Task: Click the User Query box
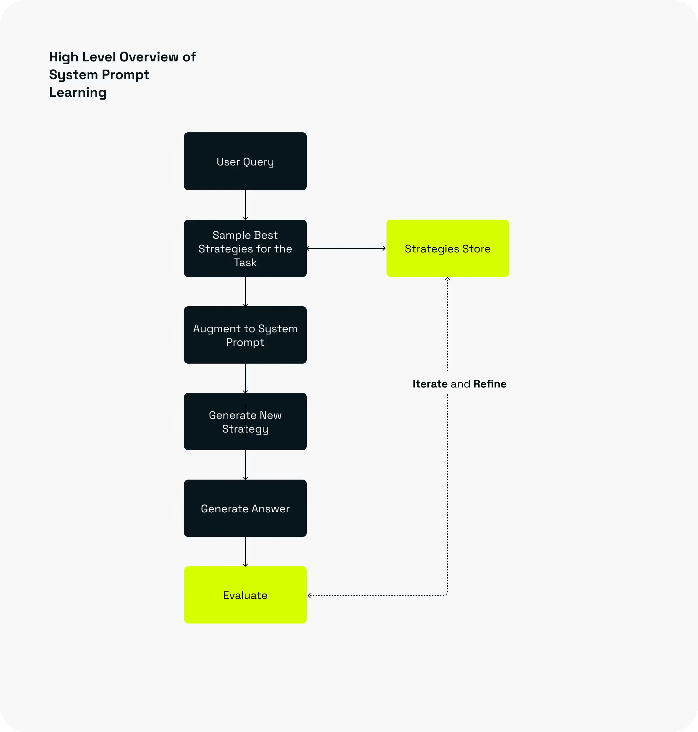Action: click(245, 161)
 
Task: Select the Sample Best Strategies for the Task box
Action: click(245, 248)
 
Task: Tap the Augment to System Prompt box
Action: click(245, 335)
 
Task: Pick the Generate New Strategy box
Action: click(245, 422)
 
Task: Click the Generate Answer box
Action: click(245, 508)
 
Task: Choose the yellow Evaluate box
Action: click(245, 595)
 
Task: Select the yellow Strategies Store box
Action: click(447, 248)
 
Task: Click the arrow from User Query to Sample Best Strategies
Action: click(245, 205)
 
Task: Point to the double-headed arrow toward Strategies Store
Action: click(346, 248)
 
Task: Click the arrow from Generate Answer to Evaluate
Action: click(245, 552)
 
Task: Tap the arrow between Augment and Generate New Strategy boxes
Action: click(245, 378)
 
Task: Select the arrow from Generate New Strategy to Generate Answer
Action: click(245, 465)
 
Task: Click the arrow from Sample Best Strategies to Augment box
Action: click(245, 292)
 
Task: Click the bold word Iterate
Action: click(430, 384)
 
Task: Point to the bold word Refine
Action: click(490, 384)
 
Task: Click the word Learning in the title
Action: click(78, 93)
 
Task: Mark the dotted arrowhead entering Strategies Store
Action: click(447, 279)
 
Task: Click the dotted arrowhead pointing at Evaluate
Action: click(309, 595)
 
